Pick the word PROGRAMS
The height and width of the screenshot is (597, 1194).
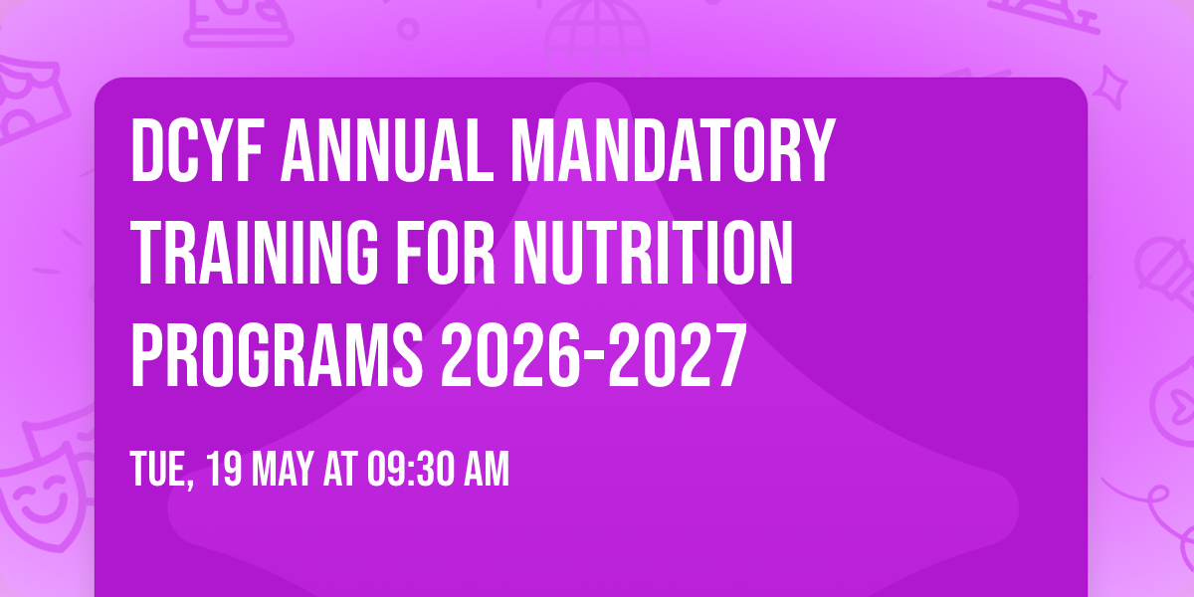click(277, 358)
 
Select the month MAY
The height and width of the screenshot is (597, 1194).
click(280, 470)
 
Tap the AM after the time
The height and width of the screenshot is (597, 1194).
click(485, 470)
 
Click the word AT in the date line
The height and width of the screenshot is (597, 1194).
click(334, 470)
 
